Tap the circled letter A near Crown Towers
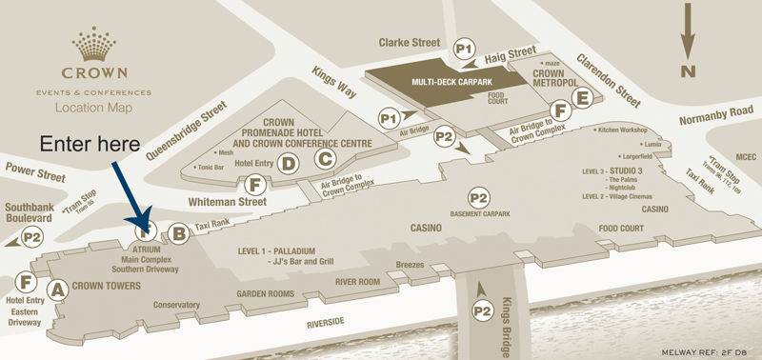coord(56,288)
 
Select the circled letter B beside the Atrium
coord(178,230)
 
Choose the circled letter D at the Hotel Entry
coord(288,164)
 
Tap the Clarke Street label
coord(411,43)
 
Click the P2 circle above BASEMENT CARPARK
coord(478,197)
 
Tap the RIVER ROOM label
coord(357,282)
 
